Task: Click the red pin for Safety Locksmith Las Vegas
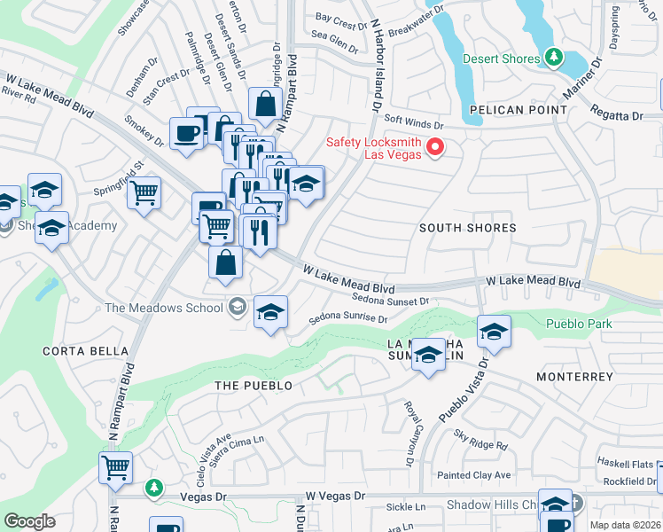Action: point(435,147)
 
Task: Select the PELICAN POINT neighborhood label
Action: point(519,110)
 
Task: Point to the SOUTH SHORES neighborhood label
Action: point(468,228)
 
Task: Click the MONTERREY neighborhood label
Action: point(574,377)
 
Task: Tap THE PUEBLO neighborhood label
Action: point(253,386)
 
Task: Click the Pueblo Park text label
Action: point(579,325)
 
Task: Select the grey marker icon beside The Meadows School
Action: point(236,308)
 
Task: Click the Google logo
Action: point(29,521)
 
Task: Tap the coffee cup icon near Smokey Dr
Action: point(186,134)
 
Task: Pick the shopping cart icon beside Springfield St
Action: point(144,192)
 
